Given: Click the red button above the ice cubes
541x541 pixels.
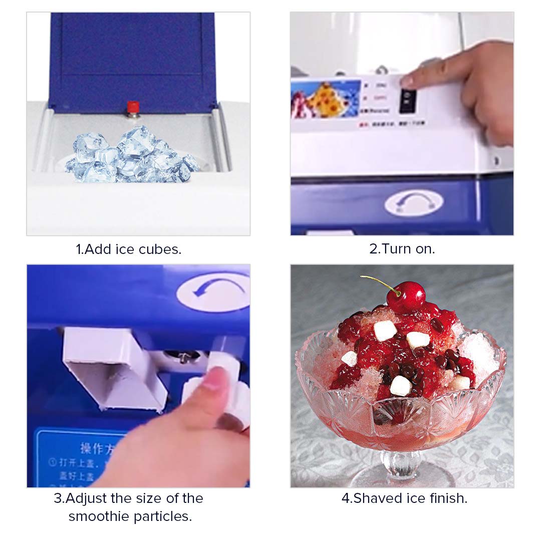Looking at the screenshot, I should (x=133, y=107).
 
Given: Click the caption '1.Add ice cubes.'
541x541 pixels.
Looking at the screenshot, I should (x=128, y=249).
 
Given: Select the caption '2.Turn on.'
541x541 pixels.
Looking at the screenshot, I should (x=402, y=248).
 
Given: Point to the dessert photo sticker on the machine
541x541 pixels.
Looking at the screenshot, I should (x=326, y=99).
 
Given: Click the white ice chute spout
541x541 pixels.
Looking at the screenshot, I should (x=115, y=366).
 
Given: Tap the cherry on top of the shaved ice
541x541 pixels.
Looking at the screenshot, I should (x=405, y=297).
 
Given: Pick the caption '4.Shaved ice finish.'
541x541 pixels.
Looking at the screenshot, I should (x=404, y=498).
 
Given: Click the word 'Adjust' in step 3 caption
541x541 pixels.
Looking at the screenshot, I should (x=86, y=498).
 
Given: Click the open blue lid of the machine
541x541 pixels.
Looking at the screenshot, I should (x=133, y=55).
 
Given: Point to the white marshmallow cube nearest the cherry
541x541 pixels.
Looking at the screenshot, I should (x=385, y=330).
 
